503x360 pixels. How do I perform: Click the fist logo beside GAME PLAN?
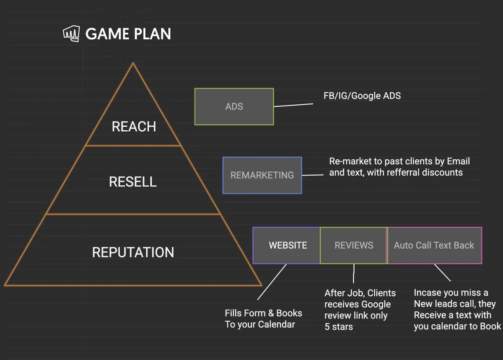coord(71,34)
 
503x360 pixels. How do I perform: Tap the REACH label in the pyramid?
coord(134,127)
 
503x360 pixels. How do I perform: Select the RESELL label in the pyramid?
coord(133,182)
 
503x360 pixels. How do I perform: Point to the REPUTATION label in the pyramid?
coord(133,252)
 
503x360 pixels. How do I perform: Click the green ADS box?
coord(234,107)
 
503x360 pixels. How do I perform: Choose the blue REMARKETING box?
coord(262,175)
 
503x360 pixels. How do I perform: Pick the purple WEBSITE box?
coord(287,246)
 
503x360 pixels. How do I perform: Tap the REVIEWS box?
coord(354,246)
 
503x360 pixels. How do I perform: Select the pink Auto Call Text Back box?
coord(434,246)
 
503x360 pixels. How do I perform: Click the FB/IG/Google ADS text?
coord(362,96)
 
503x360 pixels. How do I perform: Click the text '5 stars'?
coord(339,327)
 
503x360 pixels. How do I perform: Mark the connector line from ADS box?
coord(293,105)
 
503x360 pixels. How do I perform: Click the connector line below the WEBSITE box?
coord(272,282)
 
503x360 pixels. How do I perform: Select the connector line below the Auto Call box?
coord(442,272)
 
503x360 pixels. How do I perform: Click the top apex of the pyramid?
coord(133,63)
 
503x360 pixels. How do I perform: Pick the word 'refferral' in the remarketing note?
coord(403,173)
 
